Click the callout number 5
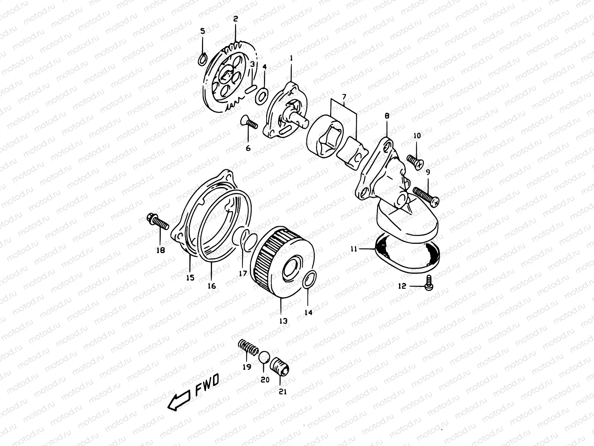202,31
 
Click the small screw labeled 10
416,161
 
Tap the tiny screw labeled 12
430,284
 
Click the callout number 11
353,249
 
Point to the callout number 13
283,321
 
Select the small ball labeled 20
264,356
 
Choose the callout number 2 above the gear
235,18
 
